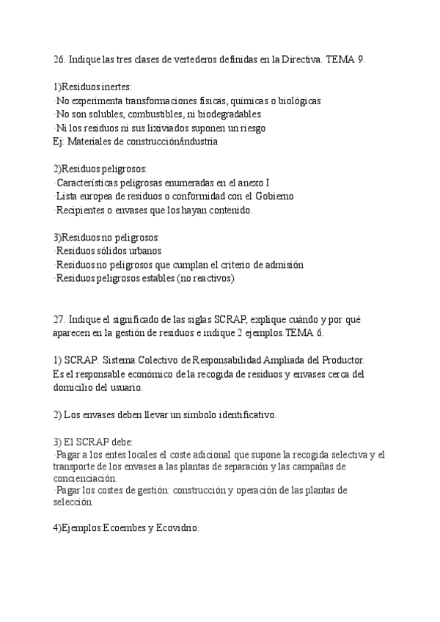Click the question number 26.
tap(60, 60)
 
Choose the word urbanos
tap(145, 251)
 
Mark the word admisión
tap(283, 264)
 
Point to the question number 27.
tap(60, 319)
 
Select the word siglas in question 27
tap(197, 319)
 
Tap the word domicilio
tap(75, 387)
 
